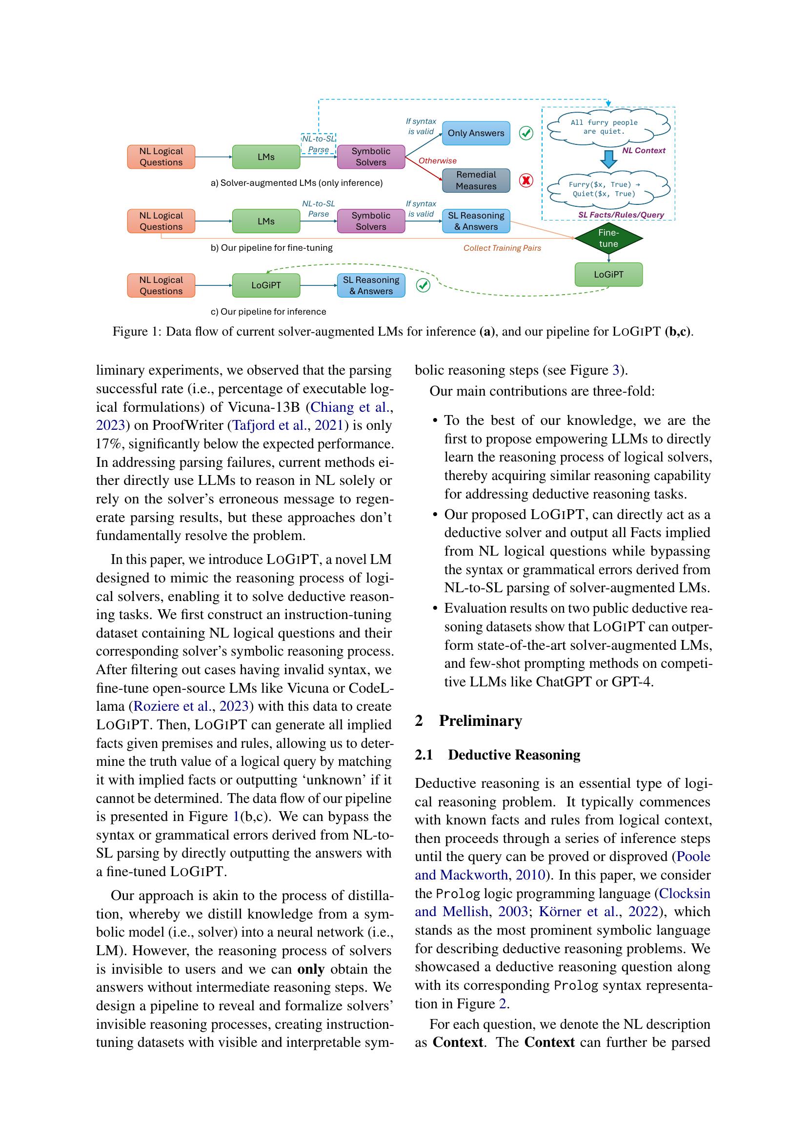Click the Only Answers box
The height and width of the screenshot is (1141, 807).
(x=476, y=133)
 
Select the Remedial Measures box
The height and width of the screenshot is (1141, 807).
(x=476, y=180)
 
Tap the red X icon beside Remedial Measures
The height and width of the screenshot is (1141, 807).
(x=526, y=180)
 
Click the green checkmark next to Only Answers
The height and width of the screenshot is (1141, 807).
(x=526, y=133)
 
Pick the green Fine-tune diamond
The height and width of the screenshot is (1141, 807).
(x=608, y=239)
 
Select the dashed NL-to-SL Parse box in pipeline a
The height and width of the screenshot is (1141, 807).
(x=319, y=144)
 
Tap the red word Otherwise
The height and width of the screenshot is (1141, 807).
(x=437, y=161)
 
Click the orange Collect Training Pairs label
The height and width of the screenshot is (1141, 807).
(x=502, y=248)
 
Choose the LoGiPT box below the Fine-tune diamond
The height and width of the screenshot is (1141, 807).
(x=608, y=275)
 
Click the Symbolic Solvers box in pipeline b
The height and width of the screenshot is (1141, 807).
(x=371, y=221)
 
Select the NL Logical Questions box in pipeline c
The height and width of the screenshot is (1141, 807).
(x=161, y=286)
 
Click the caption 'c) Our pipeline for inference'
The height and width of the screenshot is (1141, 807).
(x=268, y=312)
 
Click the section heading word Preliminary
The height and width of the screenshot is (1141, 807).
(x=480, y=721)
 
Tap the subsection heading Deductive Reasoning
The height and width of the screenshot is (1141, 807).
(x=514, y=755)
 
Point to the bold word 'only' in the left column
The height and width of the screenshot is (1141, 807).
(x=311, y=969)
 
